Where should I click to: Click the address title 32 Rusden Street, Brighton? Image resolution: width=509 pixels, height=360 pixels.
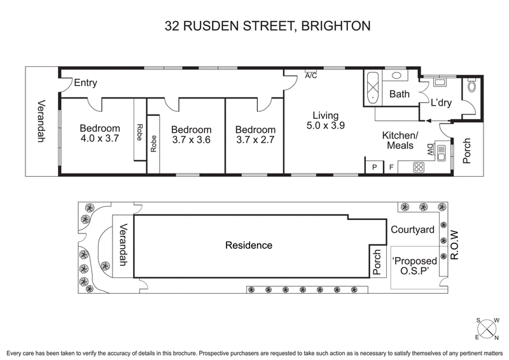pyautogui.click(x=267, y=26)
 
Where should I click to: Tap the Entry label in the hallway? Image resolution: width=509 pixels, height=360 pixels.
pyautogui.click(x=86, y=83)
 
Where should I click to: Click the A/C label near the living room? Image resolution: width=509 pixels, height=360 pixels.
pyautogui.click(x=311, y=76)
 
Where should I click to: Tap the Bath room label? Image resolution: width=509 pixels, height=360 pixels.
pyautogui.click(x=400, y=95)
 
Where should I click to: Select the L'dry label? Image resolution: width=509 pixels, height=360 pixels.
pyautogui.click(x=441, y=102)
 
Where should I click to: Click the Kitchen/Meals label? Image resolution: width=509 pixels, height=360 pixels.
pyautogui.click(x=400, y=141)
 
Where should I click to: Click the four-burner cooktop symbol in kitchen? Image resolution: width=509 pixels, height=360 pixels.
pyautogui.click(x=420, y=167)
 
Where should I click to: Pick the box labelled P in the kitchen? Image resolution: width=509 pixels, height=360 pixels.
pyautogui.click(x=373, y=167)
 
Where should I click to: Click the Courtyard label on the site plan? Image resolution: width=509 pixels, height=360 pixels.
pyautogui.click(x=412, y=230)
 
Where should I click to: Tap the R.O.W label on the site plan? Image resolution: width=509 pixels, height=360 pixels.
pyautogui.click(x=454, y=246)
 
